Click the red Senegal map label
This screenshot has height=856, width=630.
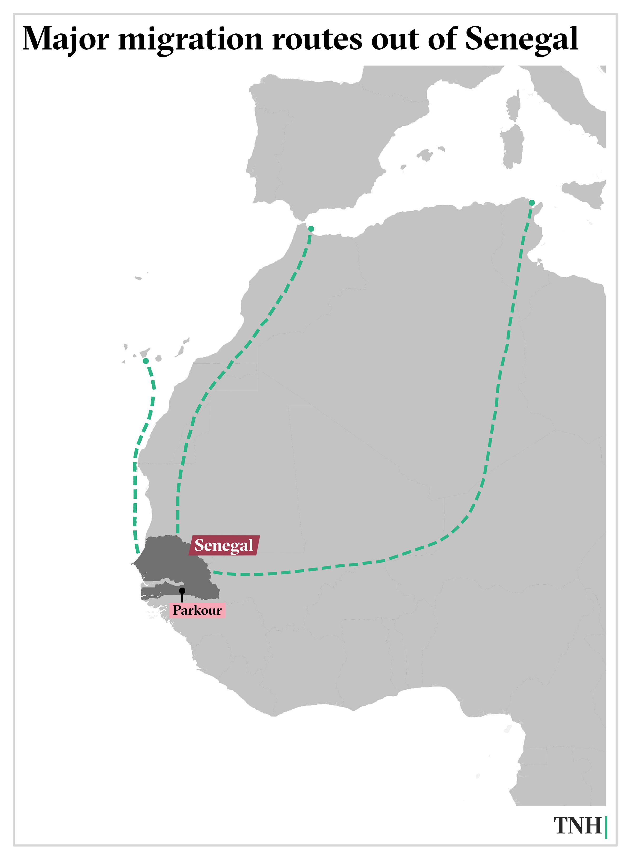point(224,545)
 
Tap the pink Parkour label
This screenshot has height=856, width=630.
point(197,610)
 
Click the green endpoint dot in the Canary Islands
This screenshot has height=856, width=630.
point(146,361)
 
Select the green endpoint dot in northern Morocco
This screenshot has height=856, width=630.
point(311,229)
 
